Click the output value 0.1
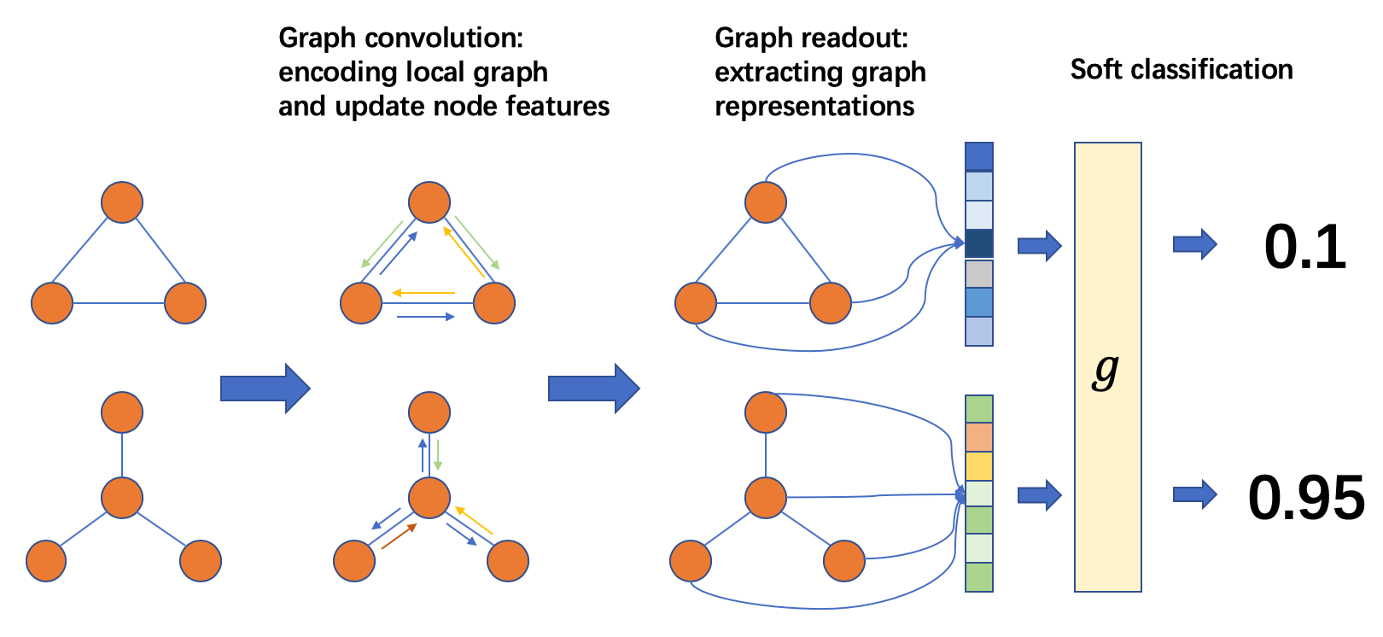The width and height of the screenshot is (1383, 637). coord(1304,248)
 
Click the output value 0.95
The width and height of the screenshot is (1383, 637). coord(1306,498)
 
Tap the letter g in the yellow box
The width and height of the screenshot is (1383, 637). coord(1106,371)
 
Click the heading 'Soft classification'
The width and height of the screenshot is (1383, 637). coord(1182,69)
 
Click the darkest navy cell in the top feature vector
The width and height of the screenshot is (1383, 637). coord(978,243)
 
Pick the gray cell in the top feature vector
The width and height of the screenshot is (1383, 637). coord(978,274)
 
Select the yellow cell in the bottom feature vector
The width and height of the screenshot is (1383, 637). coord(978,466)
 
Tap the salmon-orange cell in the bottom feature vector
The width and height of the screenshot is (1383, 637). coord(978,437)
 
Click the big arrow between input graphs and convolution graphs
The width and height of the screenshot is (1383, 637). coord(266,389)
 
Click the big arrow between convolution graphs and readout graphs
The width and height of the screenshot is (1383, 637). coord(593,389)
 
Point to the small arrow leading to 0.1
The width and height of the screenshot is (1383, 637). coord(1194,244)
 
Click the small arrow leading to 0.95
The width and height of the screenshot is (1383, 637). coord(1194,494)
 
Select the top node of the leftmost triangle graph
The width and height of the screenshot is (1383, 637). coord(122,202)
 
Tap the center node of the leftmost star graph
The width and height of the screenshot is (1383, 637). coord(122,498)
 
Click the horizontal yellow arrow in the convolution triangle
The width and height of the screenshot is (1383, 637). coord(423,293)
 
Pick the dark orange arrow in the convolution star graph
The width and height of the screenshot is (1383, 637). coord(399,536)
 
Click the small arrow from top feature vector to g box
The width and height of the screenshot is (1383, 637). coord(1039,246)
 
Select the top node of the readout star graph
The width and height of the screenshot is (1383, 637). coord(766,412)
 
